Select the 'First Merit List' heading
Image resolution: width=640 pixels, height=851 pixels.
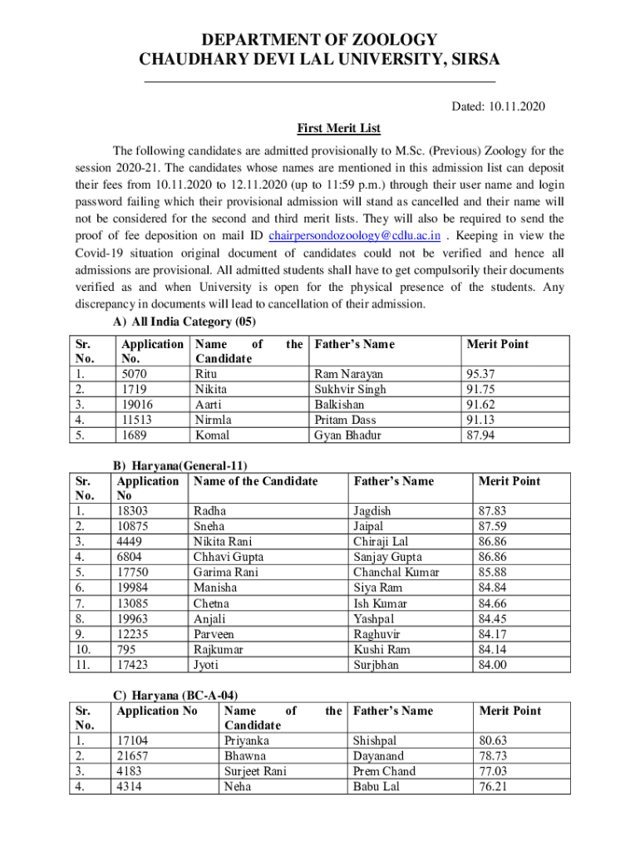(338, 129)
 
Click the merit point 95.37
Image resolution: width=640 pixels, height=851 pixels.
(482, 374)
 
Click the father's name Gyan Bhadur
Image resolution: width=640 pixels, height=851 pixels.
(347, 435)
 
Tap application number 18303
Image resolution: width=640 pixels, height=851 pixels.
(133, 511)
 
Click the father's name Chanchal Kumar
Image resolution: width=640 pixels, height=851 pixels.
(396, 573)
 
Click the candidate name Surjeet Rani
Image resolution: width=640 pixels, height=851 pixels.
(255, 771)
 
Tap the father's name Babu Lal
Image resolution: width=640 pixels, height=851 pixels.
(375, 786)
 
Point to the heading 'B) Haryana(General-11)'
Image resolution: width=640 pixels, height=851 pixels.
(180, 466)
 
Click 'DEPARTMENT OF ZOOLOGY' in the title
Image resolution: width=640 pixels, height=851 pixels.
(320, 39)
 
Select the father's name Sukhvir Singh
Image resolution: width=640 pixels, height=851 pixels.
(350, 389)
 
